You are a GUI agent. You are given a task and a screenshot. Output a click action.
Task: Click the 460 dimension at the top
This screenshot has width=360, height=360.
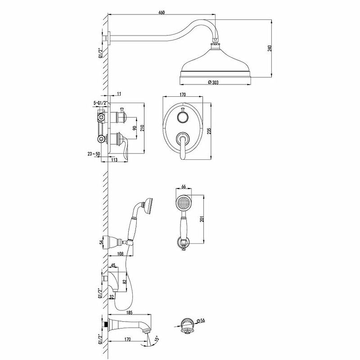coord(162,13)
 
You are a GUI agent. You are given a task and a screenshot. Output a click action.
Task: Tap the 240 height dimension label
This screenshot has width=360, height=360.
coord(270,48)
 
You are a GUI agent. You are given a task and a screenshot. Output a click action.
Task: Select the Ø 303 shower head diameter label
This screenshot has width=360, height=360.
coord(213,82)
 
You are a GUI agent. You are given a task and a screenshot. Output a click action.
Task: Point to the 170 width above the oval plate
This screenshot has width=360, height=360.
coord(183,94)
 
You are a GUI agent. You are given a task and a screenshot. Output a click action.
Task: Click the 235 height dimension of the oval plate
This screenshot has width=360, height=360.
coord(209,131)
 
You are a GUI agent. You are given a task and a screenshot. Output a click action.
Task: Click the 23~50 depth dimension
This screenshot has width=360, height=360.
coord(94,154)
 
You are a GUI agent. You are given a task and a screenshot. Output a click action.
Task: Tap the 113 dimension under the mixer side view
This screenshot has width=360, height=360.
coord(114,160)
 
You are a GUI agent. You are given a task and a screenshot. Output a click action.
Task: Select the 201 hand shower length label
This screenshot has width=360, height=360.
coord(202,219)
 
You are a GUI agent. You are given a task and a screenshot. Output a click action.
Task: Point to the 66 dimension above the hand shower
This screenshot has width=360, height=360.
coord(184,187)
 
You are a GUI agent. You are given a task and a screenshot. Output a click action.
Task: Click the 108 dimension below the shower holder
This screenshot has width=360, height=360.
coord(120,254)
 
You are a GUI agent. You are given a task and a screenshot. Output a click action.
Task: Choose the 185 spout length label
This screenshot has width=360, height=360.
coord(130,312)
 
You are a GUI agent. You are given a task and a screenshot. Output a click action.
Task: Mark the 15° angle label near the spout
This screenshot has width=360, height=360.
coord(157,339)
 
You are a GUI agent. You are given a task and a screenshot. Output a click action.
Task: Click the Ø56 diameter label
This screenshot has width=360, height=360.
coord(201,320)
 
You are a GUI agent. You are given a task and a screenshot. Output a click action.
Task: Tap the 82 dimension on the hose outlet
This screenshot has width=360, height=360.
coord(125,282)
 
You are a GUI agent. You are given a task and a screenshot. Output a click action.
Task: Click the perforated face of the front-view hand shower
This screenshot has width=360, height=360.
coord(184,203)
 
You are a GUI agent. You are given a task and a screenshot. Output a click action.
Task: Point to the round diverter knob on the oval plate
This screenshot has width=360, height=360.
coord(183,117)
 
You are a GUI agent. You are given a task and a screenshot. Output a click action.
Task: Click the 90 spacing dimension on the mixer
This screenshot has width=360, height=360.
coord(135,128)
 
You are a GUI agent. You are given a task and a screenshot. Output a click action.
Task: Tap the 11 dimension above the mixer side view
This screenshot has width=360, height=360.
coord(119,94)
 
